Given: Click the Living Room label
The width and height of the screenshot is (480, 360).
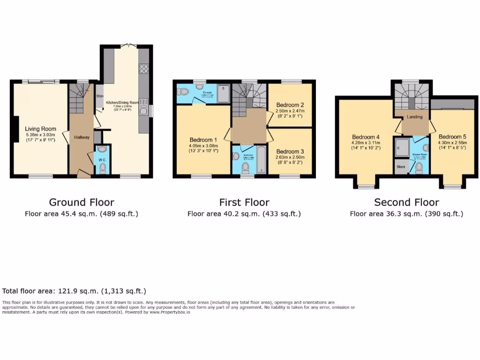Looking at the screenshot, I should coord(40,129).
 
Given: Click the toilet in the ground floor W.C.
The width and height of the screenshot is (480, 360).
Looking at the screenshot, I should coord(103,169).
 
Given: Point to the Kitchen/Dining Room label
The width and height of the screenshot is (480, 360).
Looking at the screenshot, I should coord(122,102).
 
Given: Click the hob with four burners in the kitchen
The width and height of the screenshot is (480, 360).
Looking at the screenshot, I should coord(144,70).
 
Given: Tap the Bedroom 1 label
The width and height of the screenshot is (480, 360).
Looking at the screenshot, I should coord(203,140).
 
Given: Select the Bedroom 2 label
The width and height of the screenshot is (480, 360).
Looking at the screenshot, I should coord(290,105).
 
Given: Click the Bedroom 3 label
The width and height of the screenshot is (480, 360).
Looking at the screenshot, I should coord(290,151).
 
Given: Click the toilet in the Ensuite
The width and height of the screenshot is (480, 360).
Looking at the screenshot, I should coord(183,91).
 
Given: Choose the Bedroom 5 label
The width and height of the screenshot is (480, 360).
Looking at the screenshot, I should coord(453,137).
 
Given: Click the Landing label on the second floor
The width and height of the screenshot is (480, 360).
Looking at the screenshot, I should coord(414,117).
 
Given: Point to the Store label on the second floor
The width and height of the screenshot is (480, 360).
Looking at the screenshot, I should coord(401,166).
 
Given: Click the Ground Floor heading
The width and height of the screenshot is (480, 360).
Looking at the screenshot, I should coord(82,202).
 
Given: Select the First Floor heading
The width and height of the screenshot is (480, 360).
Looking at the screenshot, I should coord(244,202).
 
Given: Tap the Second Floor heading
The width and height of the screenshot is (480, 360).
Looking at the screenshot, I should coord(406,202).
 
